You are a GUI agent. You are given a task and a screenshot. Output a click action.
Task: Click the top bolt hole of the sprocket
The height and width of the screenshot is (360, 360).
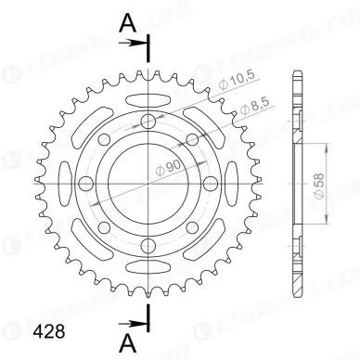pos(148,122)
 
